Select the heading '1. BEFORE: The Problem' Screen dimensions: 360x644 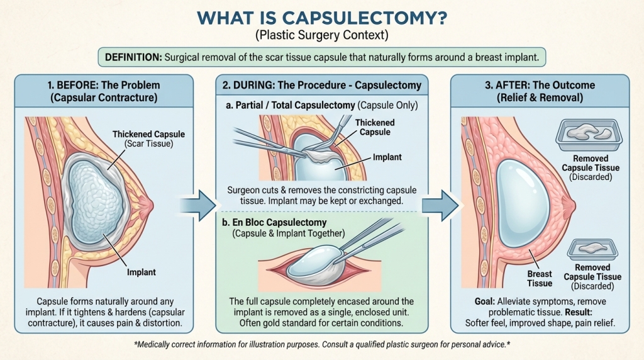click(112, 85)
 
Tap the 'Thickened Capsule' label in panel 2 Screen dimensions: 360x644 click(375, 127)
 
